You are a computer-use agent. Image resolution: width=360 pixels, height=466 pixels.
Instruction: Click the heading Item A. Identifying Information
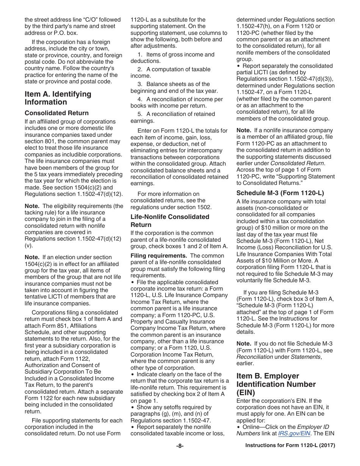[58, 98]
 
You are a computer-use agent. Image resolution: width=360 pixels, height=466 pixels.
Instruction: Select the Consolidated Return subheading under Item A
[56, 113]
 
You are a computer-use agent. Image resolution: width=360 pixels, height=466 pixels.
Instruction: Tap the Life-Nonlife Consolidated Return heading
[170, 220]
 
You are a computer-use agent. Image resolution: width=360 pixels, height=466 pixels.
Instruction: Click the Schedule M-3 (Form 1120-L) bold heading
[280, 193]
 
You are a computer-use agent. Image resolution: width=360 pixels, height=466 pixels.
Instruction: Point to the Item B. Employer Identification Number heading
[276, 384]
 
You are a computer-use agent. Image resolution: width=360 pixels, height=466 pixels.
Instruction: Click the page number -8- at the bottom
[180, 446]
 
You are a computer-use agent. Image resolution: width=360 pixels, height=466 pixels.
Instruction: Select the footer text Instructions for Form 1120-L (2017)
[290, 446]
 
